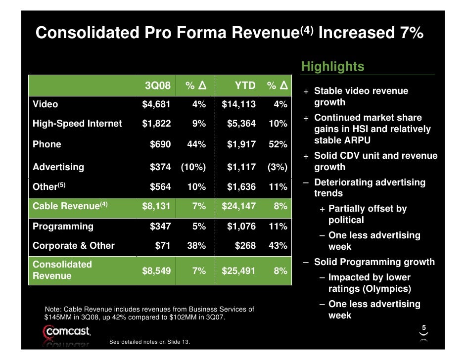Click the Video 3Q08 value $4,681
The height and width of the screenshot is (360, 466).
(x=156, y=104)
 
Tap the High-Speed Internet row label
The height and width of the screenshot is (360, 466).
(x=77, y=124)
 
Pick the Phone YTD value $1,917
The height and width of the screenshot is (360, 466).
(x=241, y=144)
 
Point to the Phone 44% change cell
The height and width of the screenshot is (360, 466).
(x=196, y=144)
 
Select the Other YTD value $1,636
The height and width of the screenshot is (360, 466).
(x=241, y=187)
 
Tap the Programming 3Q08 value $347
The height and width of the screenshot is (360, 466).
(x=160, y=226)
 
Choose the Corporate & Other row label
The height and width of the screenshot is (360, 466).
(x=73, y=246)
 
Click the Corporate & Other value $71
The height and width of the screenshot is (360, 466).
(x=163, y=246)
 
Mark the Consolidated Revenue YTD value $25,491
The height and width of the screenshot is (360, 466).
(x=239, y=270)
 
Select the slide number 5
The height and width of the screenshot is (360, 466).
(x=424, y=327)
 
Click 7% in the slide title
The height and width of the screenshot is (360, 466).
(x=408, y=33)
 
